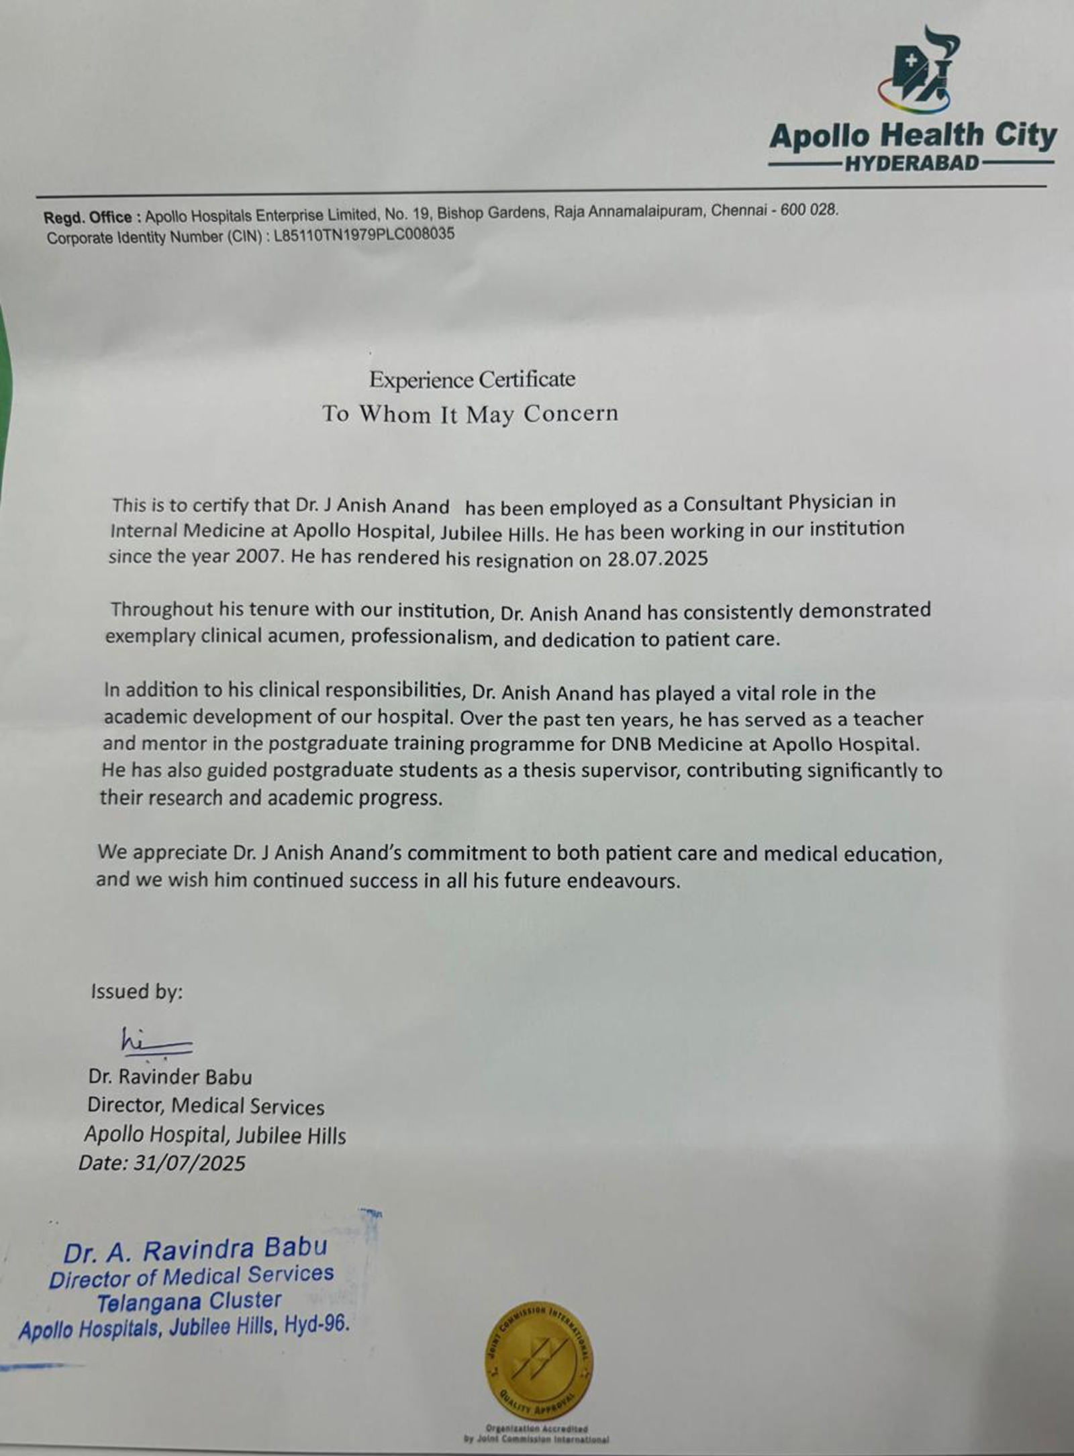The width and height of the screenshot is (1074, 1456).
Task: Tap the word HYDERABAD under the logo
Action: [x=912, y=164]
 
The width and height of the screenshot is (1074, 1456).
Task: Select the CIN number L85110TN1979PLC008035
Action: [x=364, y=235]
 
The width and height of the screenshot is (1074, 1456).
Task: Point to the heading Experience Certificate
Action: [x=472, y=379]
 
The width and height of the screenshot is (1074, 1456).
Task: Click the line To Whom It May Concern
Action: [x=470, y=414]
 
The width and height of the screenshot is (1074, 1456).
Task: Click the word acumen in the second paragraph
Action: [x=306, y=636]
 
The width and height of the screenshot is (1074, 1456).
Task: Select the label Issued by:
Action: [x=137, y=991]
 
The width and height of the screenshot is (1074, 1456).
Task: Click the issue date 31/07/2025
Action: [x=190, y=1163]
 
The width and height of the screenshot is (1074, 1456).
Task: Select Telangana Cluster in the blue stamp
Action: [x=190, y=1302]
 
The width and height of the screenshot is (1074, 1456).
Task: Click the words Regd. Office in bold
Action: [x=88, y=217]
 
